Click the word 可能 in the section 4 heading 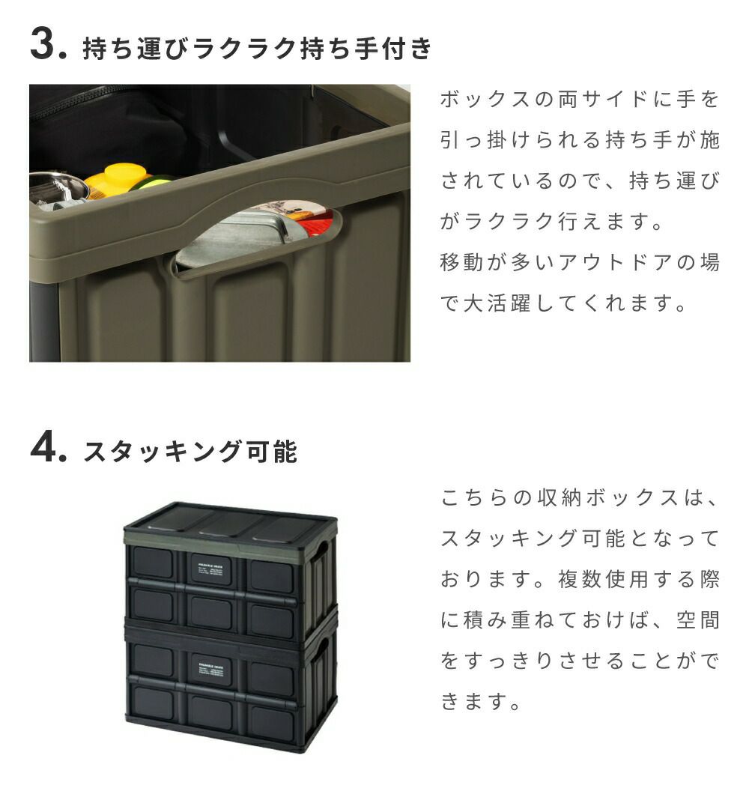271,452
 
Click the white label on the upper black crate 210,569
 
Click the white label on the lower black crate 210,670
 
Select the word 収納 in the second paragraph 560,497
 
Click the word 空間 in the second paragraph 698,620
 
